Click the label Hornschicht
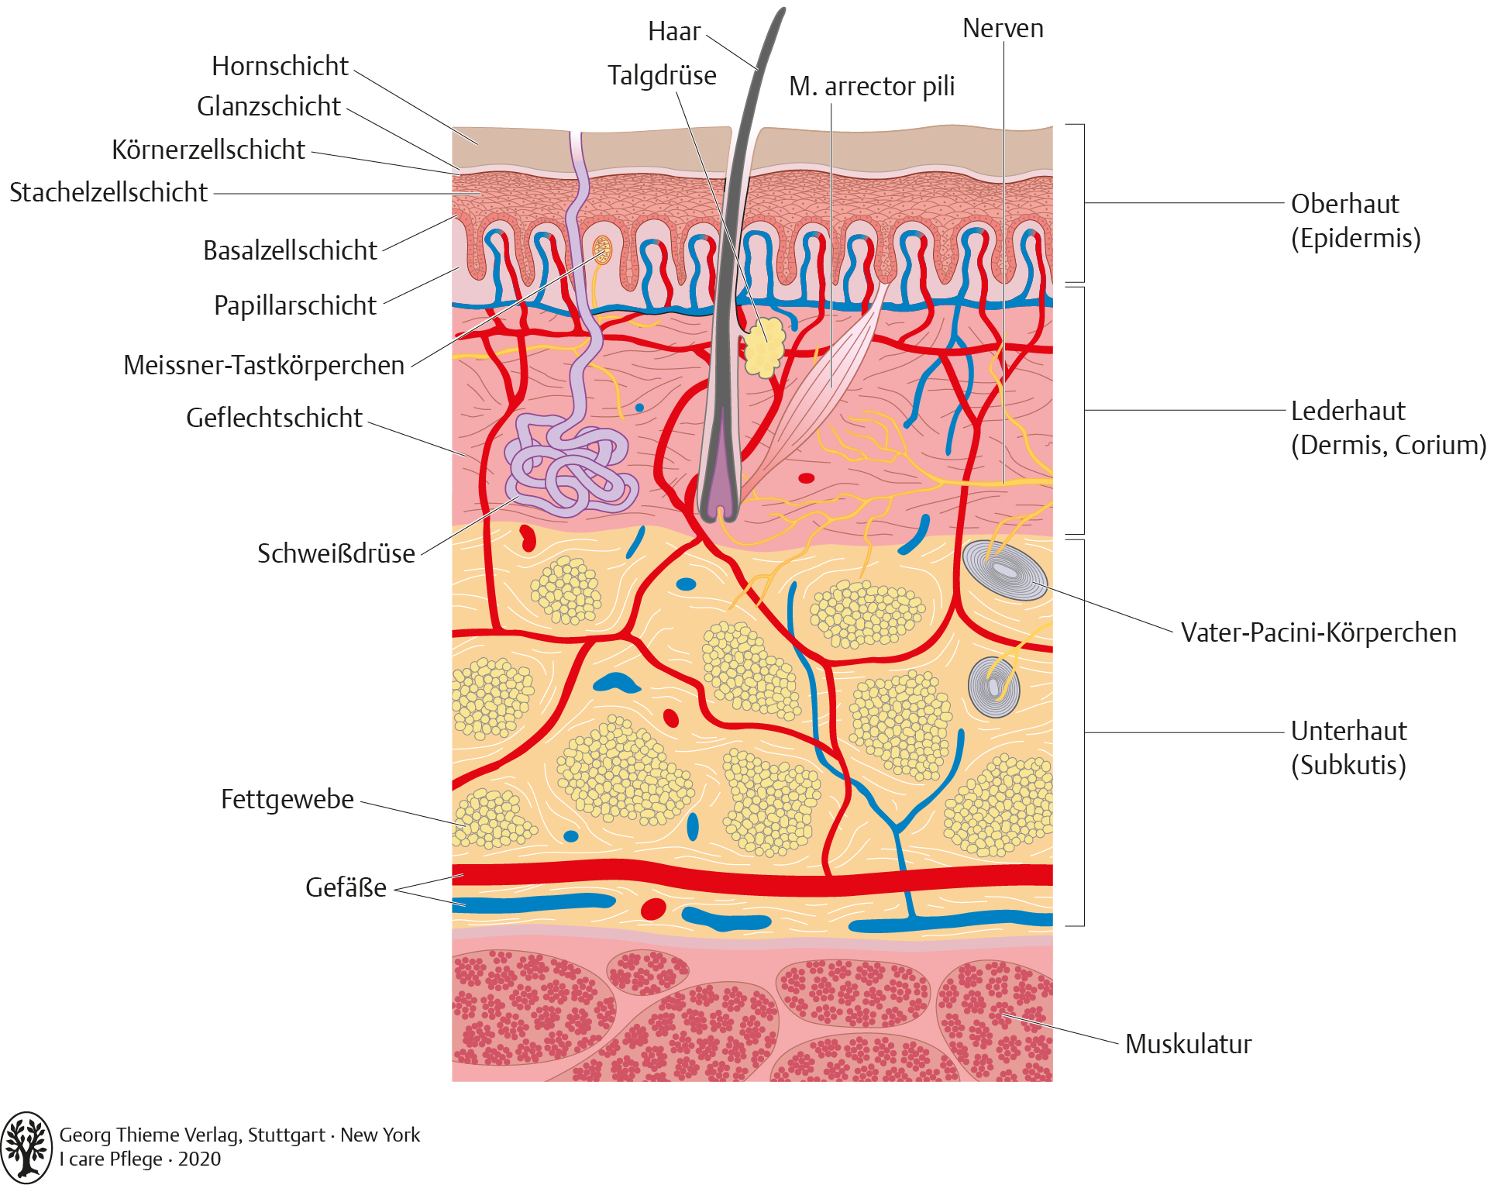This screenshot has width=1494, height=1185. [280, 67]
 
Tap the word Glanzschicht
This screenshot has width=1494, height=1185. [269, 106]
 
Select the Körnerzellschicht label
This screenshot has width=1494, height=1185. [208, 150]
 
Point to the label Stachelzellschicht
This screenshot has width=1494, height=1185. [108, 192]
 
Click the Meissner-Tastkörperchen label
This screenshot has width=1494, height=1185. [264, 365]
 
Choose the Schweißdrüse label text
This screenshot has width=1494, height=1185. [336, 553]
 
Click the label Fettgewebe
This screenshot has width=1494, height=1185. [287, 799]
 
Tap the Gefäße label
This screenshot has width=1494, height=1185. [346, 887]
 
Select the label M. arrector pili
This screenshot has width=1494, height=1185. [872, 87]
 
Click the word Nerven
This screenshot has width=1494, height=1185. [1003, 29]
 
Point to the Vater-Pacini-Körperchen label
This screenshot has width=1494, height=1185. [1319, 632]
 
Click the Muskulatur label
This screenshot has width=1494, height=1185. [1189, 1044]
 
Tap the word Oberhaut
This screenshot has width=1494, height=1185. [1345, 204]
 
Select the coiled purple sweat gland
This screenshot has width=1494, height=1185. [571, 464]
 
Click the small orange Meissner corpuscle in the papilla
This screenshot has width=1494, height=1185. [602, 250]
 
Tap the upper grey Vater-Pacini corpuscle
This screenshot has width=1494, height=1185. [1004, 570]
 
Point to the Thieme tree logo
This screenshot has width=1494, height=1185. [27, 1147]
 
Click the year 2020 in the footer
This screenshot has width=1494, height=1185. [200, 1159]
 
